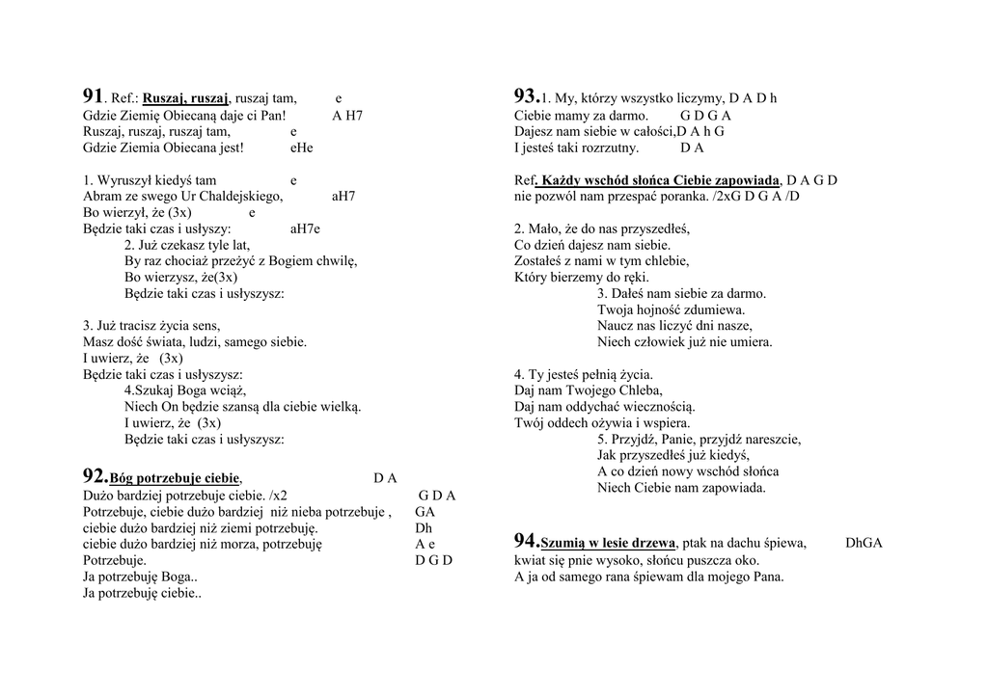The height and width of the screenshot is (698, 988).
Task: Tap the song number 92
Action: pos(95,476)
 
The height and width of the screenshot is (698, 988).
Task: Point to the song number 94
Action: pos(526,541)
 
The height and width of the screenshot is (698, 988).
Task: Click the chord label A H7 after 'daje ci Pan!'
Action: pos(347,115)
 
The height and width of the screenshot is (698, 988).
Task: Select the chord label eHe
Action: pos(301,148)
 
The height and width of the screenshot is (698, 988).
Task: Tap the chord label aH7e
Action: pos(304,228)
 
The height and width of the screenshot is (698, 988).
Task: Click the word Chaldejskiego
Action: pos(240,196)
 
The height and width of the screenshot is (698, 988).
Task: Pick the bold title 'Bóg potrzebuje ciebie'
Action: pos(175,478)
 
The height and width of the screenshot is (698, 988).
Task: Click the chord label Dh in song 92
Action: pos(424,527)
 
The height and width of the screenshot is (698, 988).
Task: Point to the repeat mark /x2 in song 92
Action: pos(278,495)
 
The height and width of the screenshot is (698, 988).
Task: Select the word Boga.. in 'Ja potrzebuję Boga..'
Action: pos(179,577)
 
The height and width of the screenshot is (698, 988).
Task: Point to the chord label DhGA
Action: pos(864,543)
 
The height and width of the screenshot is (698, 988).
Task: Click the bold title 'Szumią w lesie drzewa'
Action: pos(608,543)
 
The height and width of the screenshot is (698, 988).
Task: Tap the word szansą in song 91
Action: pos(255,406)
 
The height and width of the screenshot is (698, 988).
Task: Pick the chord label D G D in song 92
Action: pos(433,559)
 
